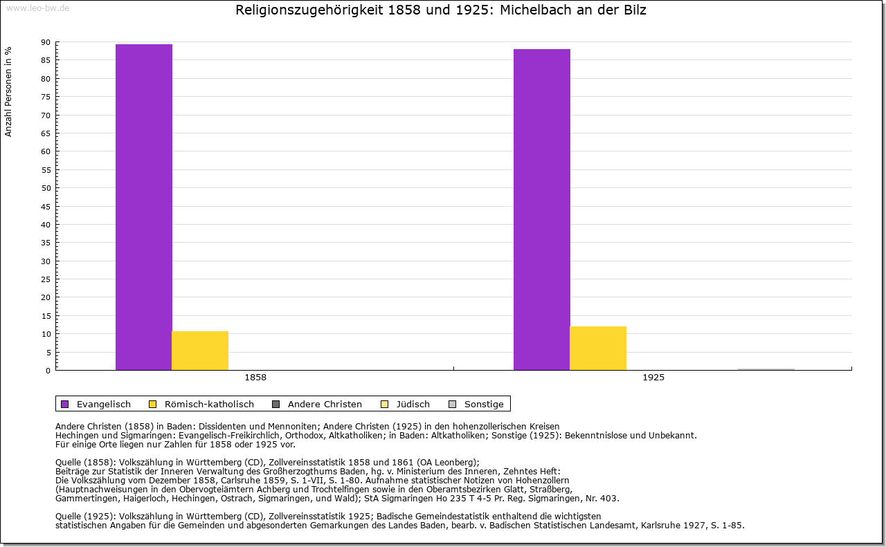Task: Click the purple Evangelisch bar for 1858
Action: point(144,207)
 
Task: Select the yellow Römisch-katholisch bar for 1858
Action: point(200,351)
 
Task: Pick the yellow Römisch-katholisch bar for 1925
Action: point(598,348)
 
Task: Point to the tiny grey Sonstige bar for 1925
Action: point(766,369)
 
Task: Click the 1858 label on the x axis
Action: point(255,378)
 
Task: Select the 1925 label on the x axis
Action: point(653,378)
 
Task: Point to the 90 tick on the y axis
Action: point(46,42)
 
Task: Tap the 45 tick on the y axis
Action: point(46,206)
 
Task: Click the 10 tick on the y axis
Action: point(46,334)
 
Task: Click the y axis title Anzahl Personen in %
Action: point(8,91)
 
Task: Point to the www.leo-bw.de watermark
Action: point(37,7)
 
